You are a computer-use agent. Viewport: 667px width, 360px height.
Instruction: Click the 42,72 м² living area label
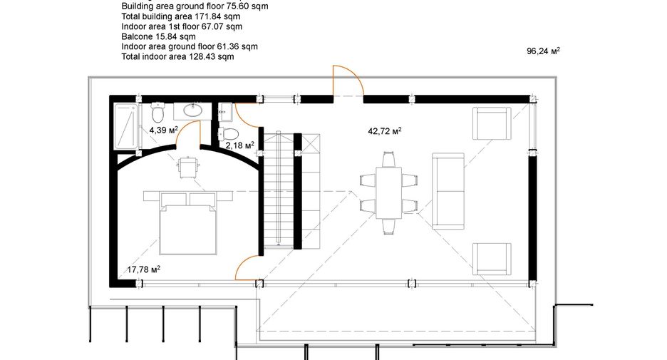point(385,131)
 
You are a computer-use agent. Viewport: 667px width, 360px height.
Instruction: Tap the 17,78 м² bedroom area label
point(144,269)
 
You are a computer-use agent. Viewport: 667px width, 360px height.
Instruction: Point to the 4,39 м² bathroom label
point(163,130)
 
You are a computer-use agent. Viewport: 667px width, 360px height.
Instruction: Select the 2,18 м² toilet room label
point(240,145)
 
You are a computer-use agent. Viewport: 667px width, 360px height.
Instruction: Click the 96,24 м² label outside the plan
point(543,51)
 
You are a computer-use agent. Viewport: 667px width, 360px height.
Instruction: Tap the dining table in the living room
point(389,192)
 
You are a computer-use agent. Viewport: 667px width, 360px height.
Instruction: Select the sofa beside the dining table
point(448,192)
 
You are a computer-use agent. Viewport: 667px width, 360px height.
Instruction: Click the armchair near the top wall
point(492,123)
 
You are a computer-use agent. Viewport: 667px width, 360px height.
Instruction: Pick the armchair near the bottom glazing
point(492,259)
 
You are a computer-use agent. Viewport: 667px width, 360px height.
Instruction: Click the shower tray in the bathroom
point(126,126)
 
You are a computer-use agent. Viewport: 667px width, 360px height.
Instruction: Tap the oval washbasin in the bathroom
point(193,111)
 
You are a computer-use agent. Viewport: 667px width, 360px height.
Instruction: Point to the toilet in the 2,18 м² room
point(228,133)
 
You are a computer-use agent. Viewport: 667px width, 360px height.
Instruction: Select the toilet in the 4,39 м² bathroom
point(157,112)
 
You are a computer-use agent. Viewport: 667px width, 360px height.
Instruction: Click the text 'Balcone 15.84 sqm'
point(159,36)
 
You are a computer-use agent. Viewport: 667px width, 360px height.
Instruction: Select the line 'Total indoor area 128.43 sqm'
point(178,56)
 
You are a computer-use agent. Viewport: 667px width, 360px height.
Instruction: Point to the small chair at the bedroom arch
point(188,168)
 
